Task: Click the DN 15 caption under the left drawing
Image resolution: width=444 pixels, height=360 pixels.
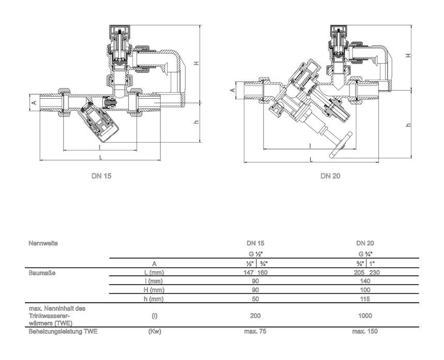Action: (101, 176)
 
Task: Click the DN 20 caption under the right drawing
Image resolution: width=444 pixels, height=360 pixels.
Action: (330, 176)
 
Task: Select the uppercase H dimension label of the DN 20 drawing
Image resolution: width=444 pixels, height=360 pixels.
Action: (408, 55)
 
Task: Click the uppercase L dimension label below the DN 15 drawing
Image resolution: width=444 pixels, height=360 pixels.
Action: (100, 156)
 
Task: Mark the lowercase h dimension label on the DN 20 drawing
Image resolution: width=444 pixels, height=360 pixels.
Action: (408, 125)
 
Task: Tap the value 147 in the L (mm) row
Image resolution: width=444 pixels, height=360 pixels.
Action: (249, 272)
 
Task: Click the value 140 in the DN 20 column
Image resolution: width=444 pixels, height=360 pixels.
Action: (364, 280)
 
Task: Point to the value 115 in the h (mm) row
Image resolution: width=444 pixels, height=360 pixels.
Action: (364, 299)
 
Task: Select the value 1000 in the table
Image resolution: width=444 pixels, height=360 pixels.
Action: (364, 315)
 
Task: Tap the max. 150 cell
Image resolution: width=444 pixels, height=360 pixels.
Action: (364, 332)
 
